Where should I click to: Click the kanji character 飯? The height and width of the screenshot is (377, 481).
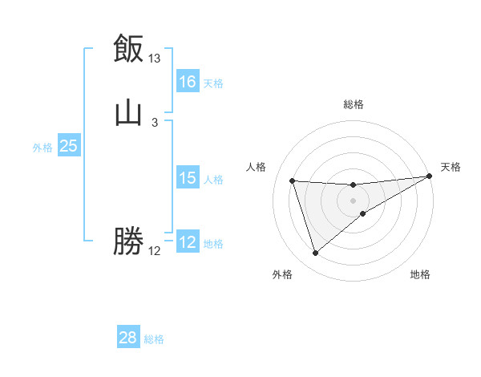click(128, 49)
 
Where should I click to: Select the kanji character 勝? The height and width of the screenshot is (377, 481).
click(128, 241)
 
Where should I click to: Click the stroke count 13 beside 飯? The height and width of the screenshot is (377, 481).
click(155, 59)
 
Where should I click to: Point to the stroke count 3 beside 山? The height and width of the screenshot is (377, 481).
click(155, 123)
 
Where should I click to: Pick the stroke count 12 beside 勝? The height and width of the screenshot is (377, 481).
click(155, 251)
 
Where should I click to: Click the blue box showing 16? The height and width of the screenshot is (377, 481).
click(188, 82)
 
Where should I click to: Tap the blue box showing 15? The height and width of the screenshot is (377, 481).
click(188, 178)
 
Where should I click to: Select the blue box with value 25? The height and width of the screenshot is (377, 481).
click(69, 146)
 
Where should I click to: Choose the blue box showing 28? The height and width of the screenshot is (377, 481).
click(128, 338)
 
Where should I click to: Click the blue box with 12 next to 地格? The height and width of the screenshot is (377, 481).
click(188, 242)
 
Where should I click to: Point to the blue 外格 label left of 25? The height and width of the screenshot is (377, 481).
click(42, 148)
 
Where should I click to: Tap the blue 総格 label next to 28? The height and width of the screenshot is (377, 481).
click(154, 339)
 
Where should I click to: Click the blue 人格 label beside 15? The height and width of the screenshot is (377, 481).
click(213, 180)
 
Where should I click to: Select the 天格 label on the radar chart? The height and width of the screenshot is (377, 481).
click(451, 167)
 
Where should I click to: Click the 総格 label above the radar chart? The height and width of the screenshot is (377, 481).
click(354, 104)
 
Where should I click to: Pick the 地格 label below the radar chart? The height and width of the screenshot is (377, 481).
click(420, 275)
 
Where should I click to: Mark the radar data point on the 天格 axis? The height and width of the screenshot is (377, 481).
click(430, 176)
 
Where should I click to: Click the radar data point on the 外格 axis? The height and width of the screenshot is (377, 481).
click(315, 253)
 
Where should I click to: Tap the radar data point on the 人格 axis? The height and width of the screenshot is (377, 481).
click(293, 180)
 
